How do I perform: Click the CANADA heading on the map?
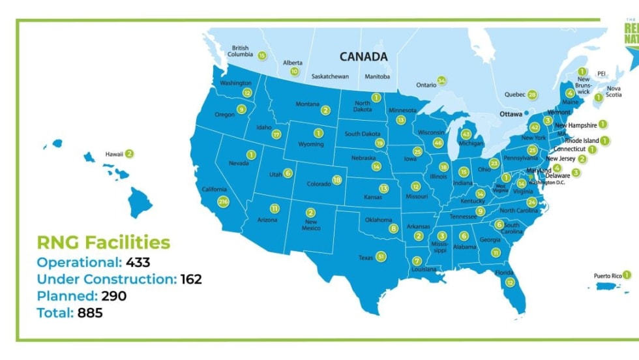363,57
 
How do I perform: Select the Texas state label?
366,258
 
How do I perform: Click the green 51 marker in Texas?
381,257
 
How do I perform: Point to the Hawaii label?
113,155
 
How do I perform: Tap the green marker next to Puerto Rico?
627,275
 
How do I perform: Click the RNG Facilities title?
103,243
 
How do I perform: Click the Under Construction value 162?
191,279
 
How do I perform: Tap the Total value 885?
90,313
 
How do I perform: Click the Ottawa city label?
511,113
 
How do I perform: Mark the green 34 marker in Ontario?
441,81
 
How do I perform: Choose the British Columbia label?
241,52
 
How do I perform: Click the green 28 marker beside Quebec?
533,95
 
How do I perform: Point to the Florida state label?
503,273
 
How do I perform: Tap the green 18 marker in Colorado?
337,180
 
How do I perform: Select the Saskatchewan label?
330,76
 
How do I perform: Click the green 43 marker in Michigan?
466,134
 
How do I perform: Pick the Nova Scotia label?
614,92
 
